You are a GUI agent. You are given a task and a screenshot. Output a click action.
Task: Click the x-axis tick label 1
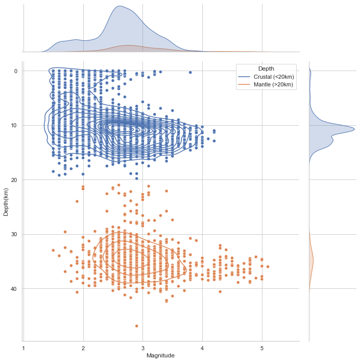[23, 348]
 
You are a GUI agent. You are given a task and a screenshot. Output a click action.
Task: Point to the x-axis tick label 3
[143, 348]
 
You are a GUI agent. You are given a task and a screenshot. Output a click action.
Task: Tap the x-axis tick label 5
[262, 348]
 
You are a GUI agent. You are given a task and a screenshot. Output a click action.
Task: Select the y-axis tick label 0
[16, 71]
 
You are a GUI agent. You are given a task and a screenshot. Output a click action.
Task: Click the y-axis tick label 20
[14, 179]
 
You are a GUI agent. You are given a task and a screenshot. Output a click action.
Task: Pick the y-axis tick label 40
[14, 289]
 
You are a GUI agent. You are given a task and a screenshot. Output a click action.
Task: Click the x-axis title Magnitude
[161, 355]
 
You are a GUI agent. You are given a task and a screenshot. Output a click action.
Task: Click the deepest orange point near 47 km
[136, 326]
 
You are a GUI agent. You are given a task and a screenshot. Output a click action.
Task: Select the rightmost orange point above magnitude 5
[268, 266]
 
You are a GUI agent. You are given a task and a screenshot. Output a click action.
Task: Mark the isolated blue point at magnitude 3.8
[190, 73]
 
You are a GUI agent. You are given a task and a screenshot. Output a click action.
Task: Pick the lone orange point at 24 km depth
[77, 201]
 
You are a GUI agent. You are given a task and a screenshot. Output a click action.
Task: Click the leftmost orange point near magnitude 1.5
[53, 250]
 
